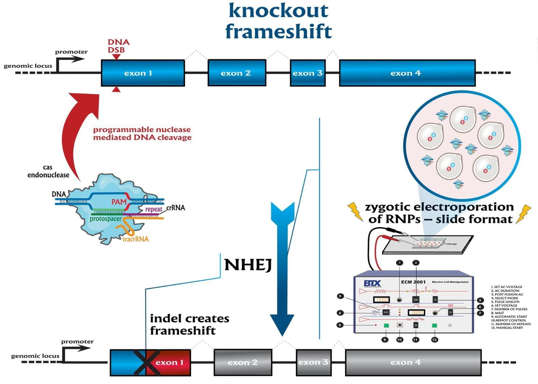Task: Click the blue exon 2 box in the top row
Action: tap(237, 73)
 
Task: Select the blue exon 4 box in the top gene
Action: tap(407, 73)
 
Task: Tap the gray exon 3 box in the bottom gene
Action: tap(313, 362)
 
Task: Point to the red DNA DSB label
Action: tap(118, 46)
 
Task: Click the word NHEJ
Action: tap(248, 265)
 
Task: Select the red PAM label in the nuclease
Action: tap(119, 202)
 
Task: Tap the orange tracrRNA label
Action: tap(136, 239)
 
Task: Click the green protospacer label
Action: tap(106, 219)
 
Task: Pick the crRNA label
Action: tap(176, 208)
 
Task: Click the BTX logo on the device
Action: tap(372, 283)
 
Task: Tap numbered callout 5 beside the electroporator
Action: tap(340, 296)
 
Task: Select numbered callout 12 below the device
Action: tap(434, 340)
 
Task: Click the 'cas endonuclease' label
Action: tap(48, 171)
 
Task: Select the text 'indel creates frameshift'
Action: tap(189, 325)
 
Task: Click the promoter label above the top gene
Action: tap(71, 52)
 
